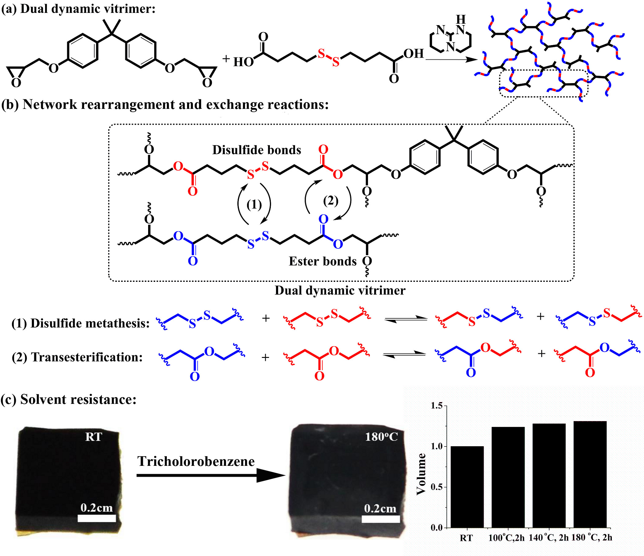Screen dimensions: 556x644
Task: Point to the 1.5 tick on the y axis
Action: point(437,406)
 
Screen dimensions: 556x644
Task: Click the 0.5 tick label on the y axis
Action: point(437,487)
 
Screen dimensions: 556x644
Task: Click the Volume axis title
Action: point(421,474)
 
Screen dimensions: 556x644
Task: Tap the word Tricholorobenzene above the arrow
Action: point(196,461)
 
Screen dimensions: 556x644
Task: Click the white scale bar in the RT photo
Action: point(97,518)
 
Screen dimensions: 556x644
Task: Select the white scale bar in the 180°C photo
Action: point(381,519)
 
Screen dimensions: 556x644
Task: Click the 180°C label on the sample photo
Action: point(381,437)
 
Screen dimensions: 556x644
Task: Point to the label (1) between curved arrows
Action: point(254,205)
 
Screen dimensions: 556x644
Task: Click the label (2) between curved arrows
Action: point(330,201)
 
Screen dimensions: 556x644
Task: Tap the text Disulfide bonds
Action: point(257,150)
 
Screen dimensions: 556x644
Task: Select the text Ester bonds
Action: point(323,261)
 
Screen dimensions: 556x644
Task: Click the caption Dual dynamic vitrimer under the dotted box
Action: point(340,291)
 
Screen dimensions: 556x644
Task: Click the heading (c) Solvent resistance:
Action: point(69,399)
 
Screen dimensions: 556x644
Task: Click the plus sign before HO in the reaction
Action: point(226,59)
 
